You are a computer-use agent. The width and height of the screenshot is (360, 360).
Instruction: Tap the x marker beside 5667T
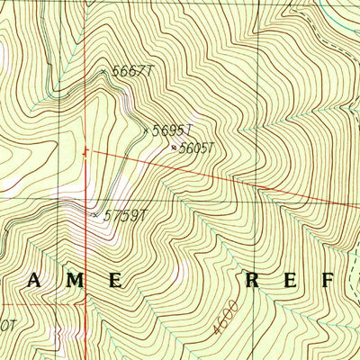point(103,69)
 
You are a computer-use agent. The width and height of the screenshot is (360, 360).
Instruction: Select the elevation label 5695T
point(171,131)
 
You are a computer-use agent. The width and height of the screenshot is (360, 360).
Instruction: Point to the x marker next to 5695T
point(146,131)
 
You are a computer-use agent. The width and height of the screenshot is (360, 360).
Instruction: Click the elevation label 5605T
point(198,148)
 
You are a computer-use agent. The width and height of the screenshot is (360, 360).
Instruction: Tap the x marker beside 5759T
point(95,214)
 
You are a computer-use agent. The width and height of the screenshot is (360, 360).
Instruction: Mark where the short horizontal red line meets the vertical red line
point(87,303)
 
